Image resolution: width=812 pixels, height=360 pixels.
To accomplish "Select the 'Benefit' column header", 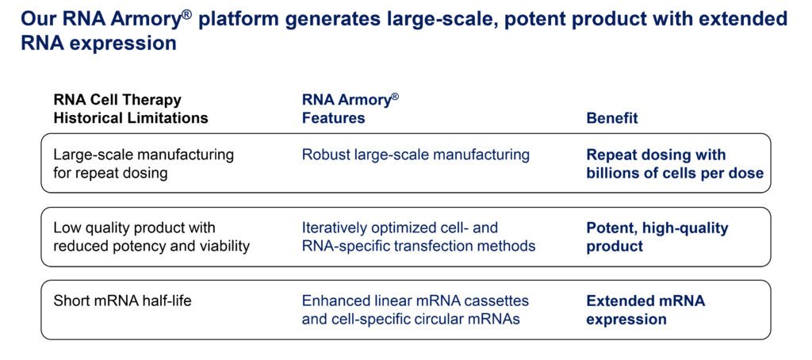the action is (612, 118).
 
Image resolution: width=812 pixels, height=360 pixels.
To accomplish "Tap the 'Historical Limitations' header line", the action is (131, 118).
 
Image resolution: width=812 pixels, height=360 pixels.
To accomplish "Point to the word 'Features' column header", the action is (334, 118).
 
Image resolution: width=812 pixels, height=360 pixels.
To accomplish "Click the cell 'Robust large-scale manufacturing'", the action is (416, 155).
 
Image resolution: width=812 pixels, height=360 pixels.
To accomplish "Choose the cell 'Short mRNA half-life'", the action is (123, 301).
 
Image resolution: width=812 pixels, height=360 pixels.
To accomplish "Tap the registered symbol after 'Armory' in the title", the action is (187, 14).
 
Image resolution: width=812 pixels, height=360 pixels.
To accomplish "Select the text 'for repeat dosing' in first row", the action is (111, 173).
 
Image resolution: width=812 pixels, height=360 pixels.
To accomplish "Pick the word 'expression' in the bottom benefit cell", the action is (626, 319).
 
